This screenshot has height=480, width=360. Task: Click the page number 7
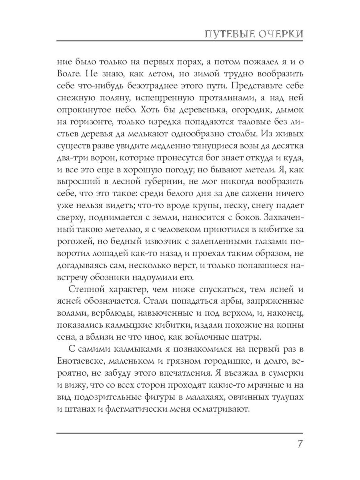pyautogui.click(x=299, y=445)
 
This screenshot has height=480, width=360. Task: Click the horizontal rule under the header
pyautogui.click(x=180, y=42)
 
